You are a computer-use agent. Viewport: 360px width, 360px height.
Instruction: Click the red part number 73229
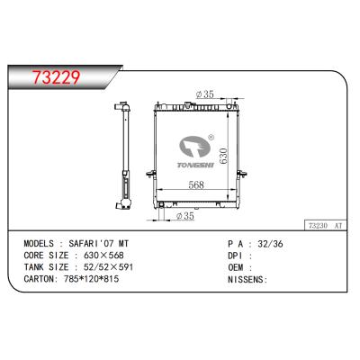coord(57,77)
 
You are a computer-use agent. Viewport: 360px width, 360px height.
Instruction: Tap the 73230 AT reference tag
coord(326,226)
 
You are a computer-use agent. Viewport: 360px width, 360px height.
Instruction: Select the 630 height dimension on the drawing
coord(223,157)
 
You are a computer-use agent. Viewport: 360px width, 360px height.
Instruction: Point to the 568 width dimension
coord(196,184)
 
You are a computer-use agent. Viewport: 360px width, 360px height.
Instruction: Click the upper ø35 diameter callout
coord(205,94)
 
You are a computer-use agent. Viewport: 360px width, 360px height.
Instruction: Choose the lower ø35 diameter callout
coord(185,216)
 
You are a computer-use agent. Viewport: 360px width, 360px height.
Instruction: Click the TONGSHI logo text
coord(195,166)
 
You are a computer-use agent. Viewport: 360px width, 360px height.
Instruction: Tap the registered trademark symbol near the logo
coord(211,137)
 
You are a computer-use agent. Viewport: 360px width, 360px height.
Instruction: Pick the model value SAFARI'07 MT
coord(99,244)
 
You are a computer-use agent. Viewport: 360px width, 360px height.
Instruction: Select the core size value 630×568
coord(103,256)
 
